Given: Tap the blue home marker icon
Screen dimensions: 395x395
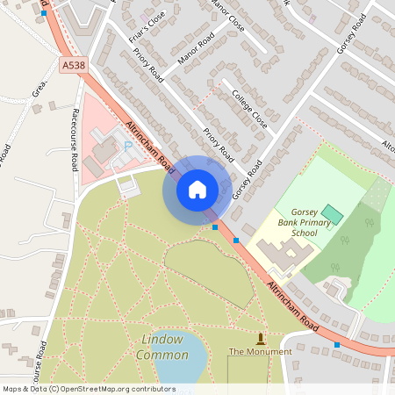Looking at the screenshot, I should [x=197, y=189].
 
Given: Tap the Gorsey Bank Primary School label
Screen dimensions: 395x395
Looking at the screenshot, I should [x=303, y=223].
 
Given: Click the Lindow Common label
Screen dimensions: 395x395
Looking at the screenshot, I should [x=162, y=347].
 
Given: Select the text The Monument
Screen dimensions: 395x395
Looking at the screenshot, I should [x=260, y=351].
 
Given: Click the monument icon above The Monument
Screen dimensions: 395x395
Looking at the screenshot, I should [x=260, y=338].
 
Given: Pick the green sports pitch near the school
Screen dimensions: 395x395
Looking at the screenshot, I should [x=332, y=213].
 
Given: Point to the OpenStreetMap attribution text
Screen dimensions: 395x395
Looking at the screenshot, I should [x=89, y=388].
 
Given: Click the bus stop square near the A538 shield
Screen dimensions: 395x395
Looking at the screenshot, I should [x=44, y=14].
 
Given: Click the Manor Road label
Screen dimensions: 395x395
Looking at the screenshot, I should [x=195, y=54].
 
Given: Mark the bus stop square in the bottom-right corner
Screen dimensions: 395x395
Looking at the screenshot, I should [x=337, y=345].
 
